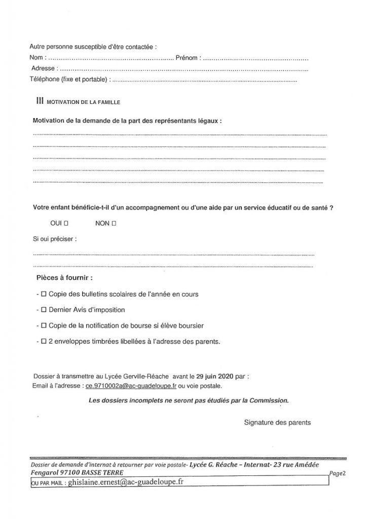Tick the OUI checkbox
click(66, 223)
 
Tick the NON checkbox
click(114, 223)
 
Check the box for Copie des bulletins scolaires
click(44, 294)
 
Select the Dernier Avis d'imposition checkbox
click(44, 310)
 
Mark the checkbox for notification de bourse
click(44, 325)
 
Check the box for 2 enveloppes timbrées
click(44, 342)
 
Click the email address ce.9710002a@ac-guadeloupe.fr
click(131, 386)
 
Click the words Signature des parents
click(277, 422)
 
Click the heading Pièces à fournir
click(64, 278)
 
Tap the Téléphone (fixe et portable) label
click(69, 79)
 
